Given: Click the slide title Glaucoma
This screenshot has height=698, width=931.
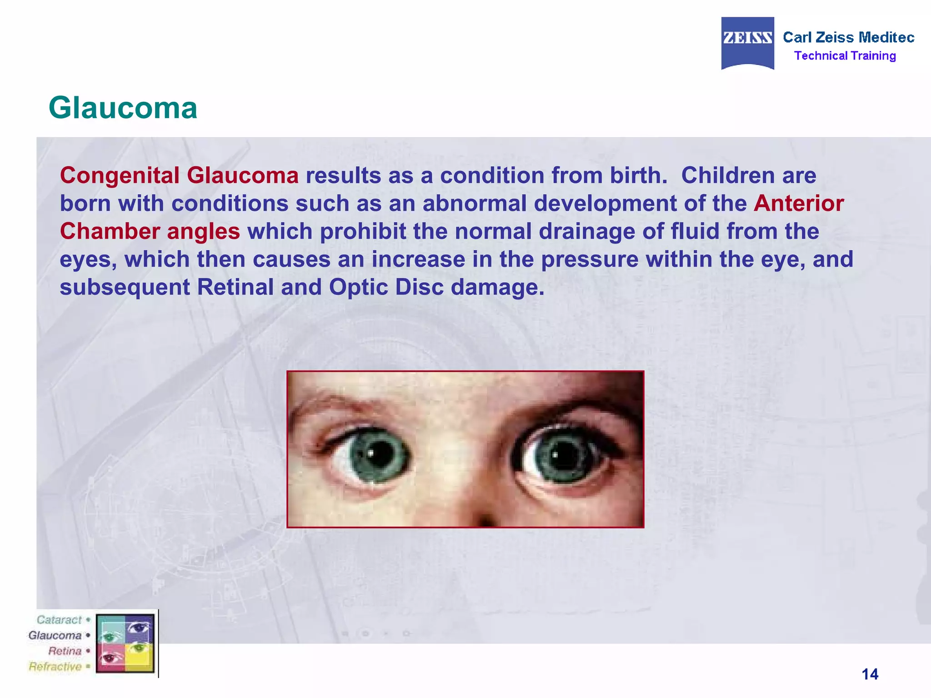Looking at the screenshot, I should [x=123, y=108].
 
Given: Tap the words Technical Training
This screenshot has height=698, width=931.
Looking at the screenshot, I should [x=845, y=56].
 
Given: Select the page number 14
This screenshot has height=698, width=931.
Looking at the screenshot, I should [x=870, y=674].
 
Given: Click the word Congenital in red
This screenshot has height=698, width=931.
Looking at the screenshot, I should [x=120, y=176].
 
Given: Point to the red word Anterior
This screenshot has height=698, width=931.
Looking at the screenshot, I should [x=798, y=203].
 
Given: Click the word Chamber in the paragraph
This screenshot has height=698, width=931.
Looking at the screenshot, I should [x=110, y=231].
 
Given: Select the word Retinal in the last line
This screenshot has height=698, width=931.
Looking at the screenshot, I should [x=235, y=287].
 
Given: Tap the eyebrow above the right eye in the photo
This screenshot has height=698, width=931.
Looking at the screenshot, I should [x=586, y=409].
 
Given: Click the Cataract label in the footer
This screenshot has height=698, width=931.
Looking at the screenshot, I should [x=59, y=620].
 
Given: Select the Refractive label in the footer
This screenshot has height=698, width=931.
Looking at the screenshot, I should [x=55, y=667].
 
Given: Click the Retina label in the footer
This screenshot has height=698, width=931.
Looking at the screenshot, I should [x=65, y=651].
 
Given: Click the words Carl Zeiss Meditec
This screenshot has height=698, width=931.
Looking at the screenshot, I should [x=848, y=37].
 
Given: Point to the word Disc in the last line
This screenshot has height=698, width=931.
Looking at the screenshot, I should [x=417, y=287].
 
